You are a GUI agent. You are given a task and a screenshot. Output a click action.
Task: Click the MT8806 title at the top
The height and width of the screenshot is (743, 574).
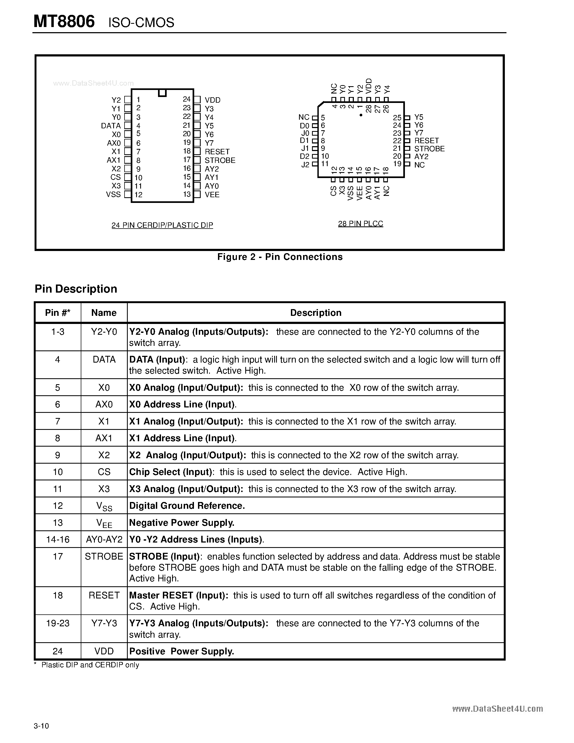pyautogui.click(x=64, y=22)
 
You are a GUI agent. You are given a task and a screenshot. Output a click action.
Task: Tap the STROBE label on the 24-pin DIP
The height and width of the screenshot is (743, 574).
pyautogui.click(x=220, y=160)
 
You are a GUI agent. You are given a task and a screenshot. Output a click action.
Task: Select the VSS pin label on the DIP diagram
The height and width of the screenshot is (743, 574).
pyautogui.click(x=113, y=195)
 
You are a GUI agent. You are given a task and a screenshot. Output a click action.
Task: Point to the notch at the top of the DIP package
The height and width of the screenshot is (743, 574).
pyautogui.click(x=162, y=92)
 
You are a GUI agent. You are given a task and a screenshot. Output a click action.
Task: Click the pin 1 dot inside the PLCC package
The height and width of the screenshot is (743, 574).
pyautogui.click(x=361, y=115)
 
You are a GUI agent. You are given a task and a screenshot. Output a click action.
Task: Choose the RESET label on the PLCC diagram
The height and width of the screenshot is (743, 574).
pyautogui.click(x=427, y=141)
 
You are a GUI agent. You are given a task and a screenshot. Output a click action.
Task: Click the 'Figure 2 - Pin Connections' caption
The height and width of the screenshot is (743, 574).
pyautogui.click(x=280, y=257)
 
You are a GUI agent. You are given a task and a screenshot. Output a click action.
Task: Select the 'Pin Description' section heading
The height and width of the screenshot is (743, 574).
pyautogui.click(x=76, y=289)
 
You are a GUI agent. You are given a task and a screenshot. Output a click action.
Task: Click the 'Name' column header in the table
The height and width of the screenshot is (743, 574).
pyautogui.click(x=104, y=313)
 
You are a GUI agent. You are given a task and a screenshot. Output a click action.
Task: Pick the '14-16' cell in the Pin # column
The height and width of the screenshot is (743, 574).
pyautogui.click(x=58, y=540)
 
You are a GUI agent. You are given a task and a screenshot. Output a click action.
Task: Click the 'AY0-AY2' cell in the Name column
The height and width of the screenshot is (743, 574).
pyautogui.click(x=104, y=540)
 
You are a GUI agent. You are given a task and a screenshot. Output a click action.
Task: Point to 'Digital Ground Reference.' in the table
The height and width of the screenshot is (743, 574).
pyautogui.click(x=187, y=506)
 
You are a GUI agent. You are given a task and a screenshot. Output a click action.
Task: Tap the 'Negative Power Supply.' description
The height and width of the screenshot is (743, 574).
pyautogui.click(x=182, y=523)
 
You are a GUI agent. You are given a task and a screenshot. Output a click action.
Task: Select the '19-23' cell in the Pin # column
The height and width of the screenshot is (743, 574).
pyautogui.click(x=58, y=623)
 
